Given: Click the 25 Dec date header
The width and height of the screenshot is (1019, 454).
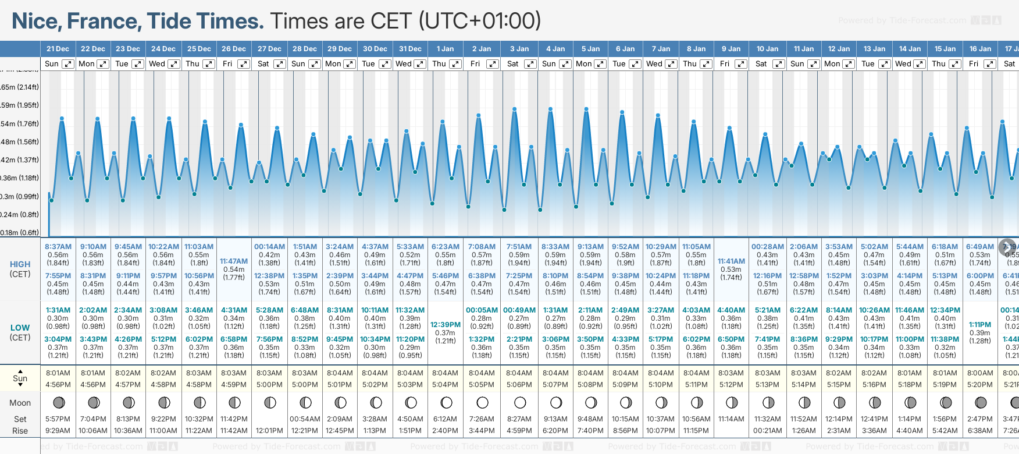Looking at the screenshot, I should (199, 49).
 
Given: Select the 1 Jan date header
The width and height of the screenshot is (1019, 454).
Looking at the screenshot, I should (445, 49).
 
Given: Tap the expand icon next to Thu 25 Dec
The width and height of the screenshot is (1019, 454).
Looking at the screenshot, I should (208, 64).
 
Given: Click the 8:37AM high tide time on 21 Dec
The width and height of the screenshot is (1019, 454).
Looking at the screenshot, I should (58, 247).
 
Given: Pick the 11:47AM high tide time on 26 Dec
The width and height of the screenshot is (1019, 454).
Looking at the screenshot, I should (234, 261).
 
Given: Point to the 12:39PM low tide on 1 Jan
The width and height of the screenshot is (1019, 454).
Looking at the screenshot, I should (446, 325).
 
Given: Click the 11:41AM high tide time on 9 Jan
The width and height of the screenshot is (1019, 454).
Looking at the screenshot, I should (731, 261).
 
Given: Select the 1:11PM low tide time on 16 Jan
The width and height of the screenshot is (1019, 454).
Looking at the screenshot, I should (980, 325).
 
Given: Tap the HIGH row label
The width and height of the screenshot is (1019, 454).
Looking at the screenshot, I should (20, 264).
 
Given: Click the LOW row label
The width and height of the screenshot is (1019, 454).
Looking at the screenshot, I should (20, 328).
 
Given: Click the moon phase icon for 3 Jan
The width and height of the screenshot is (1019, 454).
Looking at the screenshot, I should (520, 402).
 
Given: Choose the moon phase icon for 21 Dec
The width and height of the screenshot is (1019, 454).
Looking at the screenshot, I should (58, 402).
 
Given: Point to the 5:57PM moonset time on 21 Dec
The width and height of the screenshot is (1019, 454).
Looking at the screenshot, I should (58, 419).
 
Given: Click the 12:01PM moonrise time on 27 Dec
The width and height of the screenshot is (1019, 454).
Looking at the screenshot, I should (269, 431).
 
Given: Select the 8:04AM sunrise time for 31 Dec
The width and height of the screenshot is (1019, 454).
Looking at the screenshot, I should (410, 373).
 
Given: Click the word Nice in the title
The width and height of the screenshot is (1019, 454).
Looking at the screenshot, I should (36, 22).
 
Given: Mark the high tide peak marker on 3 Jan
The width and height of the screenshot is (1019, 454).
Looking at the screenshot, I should (515, 109).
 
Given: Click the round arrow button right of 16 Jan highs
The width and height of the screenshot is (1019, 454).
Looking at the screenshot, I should (1007, 247).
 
